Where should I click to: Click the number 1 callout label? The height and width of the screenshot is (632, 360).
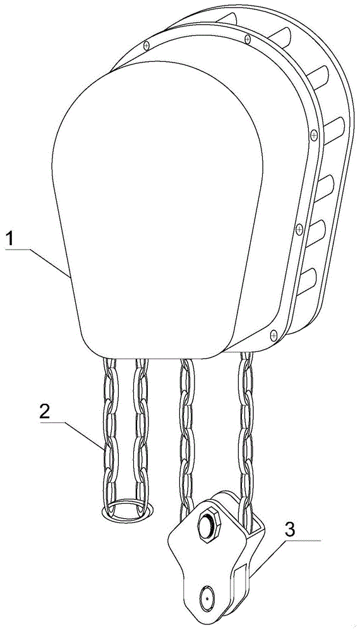pyautogui.click(x=11, y=239)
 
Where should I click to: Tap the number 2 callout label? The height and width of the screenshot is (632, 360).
pyautogui.click(x=45, y=412)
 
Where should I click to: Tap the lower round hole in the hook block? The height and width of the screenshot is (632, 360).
pyautogui.click(x=207, y=599)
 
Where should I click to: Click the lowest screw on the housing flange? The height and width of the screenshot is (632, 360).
pyautogui.click(x=273, y=334)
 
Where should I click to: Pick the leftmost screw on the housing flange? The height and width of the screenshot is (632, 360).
pyautogui.click(x=147, y=45)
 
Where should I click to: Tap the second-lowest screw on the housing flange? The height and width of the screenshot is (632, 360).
pyautogui.click(x=299, y=230)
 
